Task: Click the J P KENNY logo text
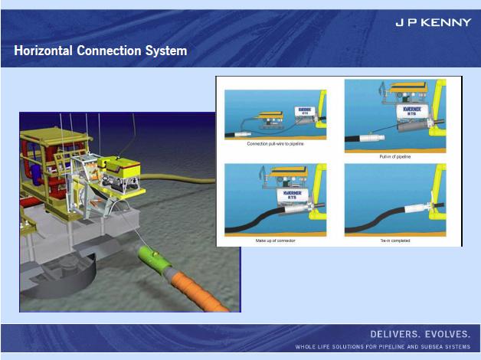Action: pyautogui.click(x=433, y=22)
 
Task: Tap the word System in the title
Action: pyautogui.click(x=165, y=51)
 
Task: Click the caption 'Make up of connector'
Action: pyautogui.click(x=275, y=241)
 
